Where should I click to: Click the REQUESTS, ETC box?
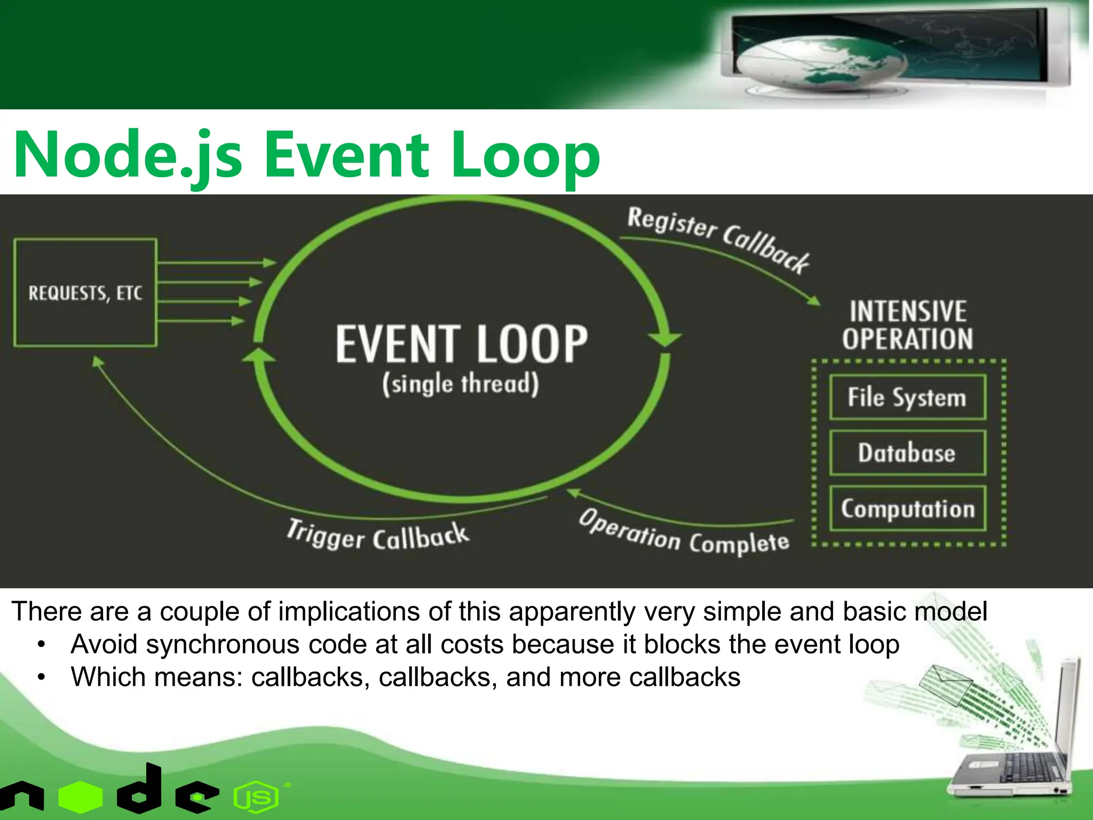click(x=85, y=293)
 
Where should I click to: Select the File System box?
click(x=907, y=398)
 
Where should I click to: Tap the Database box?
click(x=907, y=453)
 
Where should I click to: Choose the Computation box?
click(x=907, y=508)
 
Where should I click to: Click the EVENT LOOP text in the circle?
click(x=462, y=344)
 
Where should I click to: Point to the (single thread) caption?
click(x=460, y=384)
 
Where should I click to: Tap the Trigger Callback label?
click(x=377, y=535)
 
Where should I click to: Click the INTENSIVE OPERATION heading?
click(x=908, y=325)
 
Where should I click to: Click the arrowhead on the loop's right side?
click(x=664, y=338)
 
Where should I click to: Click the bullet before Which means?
click(x=42, y=677)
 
